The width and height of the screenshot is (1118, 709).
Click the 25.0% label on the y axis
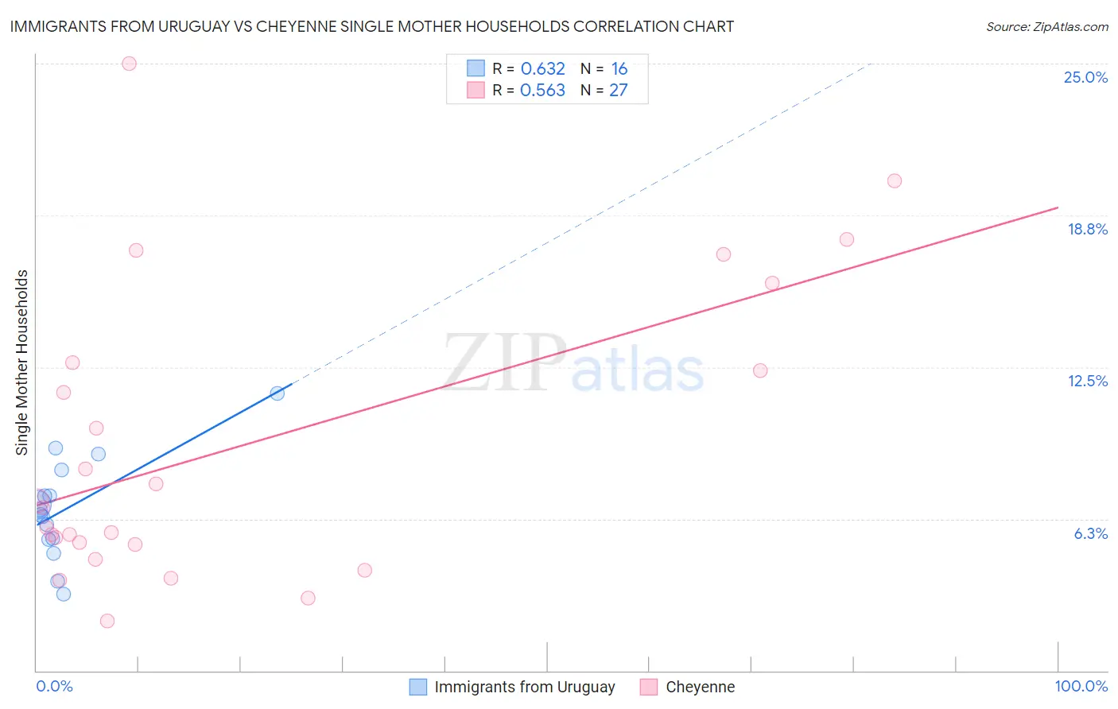[x=1085, y=77]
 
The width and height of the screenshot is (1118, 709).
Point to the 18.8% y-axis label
[x=1087, y=229]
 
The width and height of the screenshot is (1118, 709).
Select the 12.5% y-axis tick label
[x=1087, y=381]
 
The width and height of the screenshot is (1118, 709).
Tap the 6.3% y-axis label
[x=1090, y=533]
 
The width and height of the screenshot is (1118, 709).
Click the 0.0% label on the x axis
[x=54, y=686]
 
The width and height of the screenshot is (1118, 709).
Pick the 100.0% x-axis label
[x=1081, y=686]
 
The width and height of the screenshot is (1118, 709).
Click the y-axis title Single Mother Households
[x=22, y=362]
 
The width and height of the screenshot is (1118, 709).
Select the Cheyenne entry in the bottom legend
[x=700, y=687]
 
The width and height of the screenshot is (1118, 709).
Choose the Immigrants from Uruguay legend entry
[x=525, y=687]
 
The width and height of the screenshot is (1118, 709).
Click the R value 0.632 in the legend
[x=542, y=69]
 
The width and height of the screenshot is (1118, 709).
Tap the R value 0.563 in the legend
[x=542, y=91]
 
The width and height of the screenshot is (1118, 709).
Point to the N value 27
[x=618, y=91]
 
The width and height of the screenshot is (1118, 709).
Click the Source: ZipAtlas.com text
[x=1046, y=27]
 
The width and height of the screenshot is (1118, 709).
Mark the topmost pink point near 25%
[x=129, y=64]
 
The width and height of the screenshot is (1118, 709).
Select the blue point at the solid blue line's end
[x=278, y=393]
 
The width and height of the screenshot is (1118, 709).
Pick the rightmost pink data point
[x=895, y=180]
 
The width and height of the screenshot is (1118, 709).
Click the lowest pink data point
[x=107, y=621]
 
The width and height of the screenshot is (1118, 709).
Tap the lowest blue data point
[x=64, y=594]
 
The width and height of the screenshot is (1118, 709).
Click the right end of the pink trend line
[x=1058, y=207]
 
